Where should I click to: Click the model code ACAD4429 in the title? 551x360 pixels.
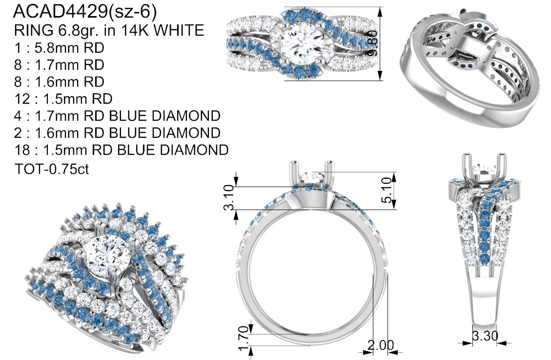click(60, 12)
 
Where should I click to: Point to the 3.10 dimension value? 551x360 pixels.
click(229, 197)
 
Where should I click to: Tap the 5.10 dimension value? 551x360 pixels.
click(386, 190)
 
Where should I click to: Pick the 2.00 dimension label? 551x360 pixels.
click(381, 345)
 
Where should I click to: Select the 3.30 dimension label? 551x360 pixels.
click(485, 336)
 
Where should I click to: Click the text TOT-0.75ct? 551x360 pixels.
click(52, 169)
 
